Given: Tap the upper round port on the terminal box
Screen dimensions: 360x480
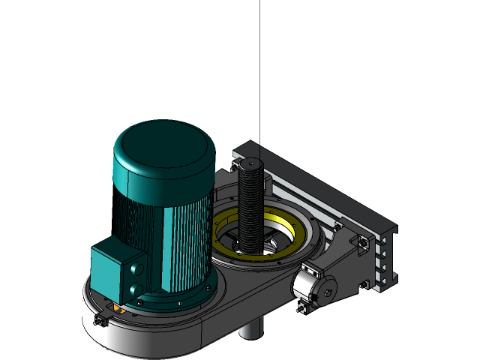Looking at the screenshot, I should point(135,268).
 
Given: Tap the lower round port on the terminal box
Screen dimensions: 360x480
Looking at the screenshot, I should point(136,289).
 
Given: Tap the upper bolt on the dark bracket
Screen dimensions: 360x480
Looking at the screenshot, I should point(363,244).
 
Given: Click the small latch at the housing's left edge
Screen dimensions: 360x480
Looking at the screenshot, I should point(99,320).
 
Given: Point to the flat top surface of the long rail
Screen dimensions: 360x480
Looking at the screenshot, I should point(322,187).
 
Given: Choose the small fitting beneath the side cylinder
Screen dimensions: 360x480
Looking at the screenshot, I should point(304,307).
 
